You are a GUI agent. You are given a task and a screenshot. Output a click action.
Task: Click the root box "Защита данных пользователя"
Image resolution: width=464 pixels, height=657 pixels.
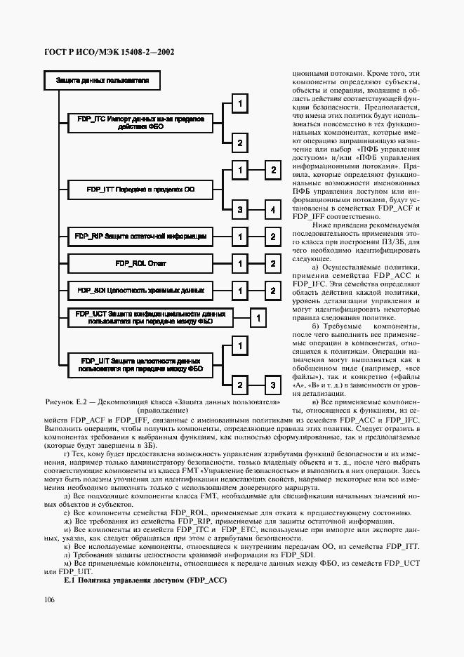pyautogui.click(x=102, y=81)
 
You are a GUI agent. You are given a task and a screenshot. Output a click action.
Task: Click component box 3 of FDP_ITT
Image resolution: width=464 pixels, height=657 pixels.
pyautogui.click(x=239, y=210)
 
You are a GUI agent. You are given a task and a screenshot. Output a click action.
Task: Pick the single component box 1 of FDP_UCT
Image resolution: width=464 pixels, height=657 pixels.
pyautogui.click(x=258, y=318)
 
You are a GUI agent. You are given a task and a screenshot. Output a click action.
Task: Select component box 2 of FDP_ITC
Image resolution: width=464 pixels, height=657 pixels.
pyautogui.click(x=239, y=143)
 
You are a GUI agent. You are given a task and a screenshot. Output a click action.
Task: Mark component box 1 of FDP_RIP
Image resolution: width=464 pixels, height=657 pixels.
pyautogui.click(x=239, y=237)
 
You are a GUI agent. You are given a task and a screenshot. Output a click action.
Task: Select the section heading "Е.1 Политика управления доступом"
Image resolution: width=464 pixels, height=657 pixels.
pyautogui.click(x=145, y=581)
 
